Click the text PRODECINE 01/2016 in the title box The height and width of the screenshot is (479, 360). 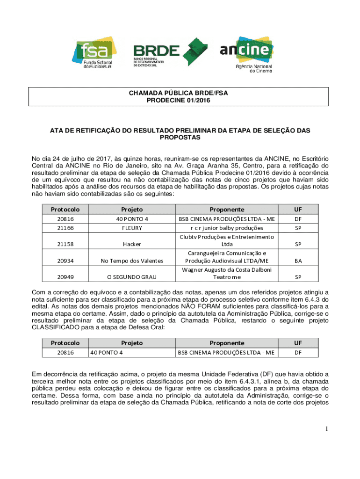[178, 100]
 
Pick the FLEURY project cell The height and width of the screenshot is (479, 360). [132, 228]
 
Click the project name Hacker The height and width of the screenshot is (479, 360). [132, 244]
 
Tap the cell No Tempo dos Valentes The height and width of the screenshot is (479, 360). [132, 261]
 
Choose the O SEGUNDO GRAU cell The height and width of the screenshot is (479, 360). [132, 276]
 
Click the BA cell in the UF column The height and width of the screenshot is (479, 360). [298, 261]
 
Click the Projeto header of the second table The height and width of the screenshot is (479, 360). [132, 342]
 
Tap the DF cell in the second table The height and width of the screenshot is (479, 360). [298, 353]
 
